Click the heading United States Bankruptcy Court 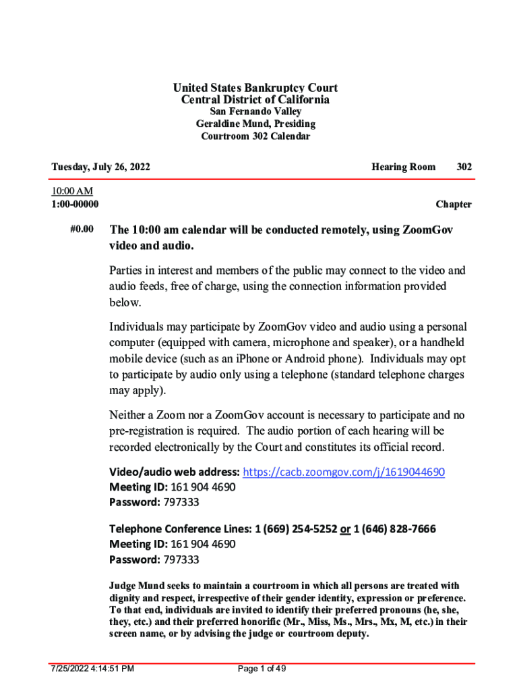[x=255, y=88]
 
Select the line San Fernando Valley [x=255, y=111]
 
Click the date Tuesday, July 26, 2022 [x=101, y=167]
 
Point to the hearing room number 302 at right [x=464, y=167]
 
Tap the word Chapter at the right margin [x=453, y=204]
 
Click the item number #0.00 [x=82, y=230]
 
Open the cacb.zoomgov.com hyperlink [x=343, y=472]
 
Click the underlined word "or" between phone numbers [x=345, y=529]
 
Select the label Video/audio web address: [x=174, y=472]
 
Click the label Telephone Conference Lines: [x=180, y=529]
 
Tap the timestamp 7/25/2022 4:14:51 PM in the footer [x=93, y=669]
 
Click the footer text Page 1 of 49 [x=262, y=669]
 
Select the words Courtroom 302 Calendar [x=255, y=136]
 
